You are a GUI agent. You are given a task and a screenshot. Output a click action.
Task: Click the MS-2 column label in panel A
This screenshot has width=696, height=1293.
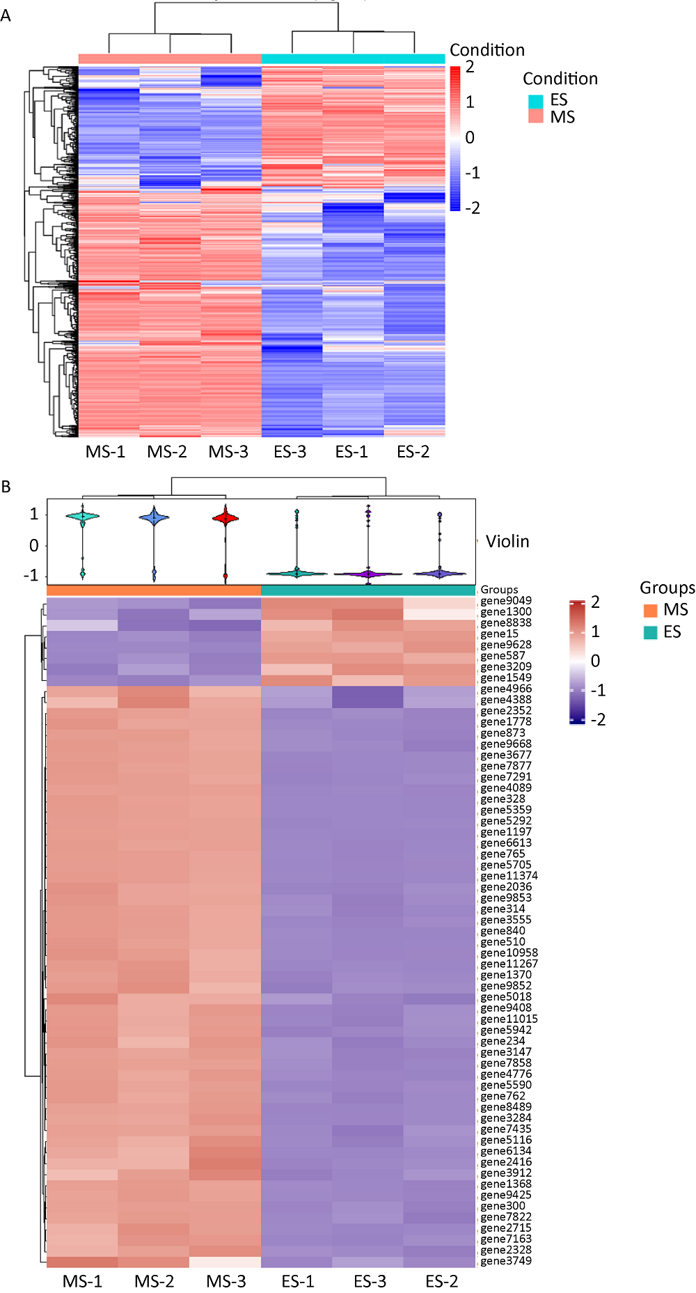167,452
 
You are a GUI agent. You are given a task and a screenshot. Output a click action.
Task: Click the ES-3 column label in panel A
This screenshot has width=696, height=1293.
290,452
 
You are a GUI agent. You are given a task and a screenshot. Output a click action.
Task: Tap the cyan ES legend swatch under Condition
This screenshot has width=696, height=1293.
535,101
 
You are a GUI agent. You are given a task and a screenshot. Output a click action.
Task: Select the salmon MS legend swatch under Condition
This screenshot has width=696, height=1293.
535,116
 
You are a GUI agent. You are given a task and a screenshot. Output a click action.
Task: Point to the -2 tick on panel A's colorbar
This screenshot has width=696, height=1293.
472,208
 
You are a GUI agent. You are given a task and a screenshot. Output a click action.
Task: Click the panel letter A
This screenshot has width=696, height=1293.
6,15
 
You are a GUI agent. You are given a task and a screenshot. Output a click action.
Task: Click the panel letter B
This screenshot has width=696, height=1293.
6,487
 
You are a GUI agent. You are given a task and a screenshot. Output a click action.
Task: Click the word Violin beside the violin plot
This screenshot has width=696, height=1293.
507,542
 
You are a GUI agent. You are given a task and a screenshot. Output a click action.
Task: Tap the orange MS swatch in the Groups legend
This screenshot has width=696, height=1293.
651,611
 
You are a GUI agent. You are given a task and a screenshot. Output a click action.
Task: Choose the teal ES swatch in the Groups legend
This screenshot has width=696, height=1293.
651,632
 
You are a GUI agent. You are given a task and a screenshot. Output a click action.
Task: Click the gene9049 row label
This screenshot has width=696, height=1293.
506,601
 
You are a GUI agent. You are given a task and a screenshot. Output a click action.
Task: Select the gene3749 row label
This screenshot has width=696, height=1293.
506,1261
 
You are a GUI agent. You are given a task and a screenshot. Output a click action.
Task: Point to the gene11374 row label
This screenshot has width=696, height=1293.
509,876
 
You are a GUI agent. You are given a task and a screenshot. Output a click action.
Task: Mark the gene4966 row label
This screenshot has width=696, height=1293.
506,689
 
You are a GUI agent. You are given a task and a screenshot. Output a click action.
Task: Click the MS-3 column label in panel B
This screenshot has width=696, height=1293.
226,1281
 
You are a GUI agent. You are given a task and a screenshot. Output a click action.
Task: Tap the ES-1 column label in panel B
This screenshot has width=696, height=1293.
298,1281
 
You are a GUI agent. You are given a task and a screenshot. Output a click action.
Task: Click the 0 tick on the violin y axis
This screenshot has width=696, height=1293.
34,546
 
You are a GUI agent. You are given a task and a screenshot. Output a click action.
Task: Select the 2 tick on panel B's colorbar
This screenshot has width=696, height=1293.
595,602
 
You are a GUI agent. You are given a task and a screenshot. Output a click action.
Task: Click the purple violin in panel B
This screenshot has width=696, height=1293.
368,574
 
